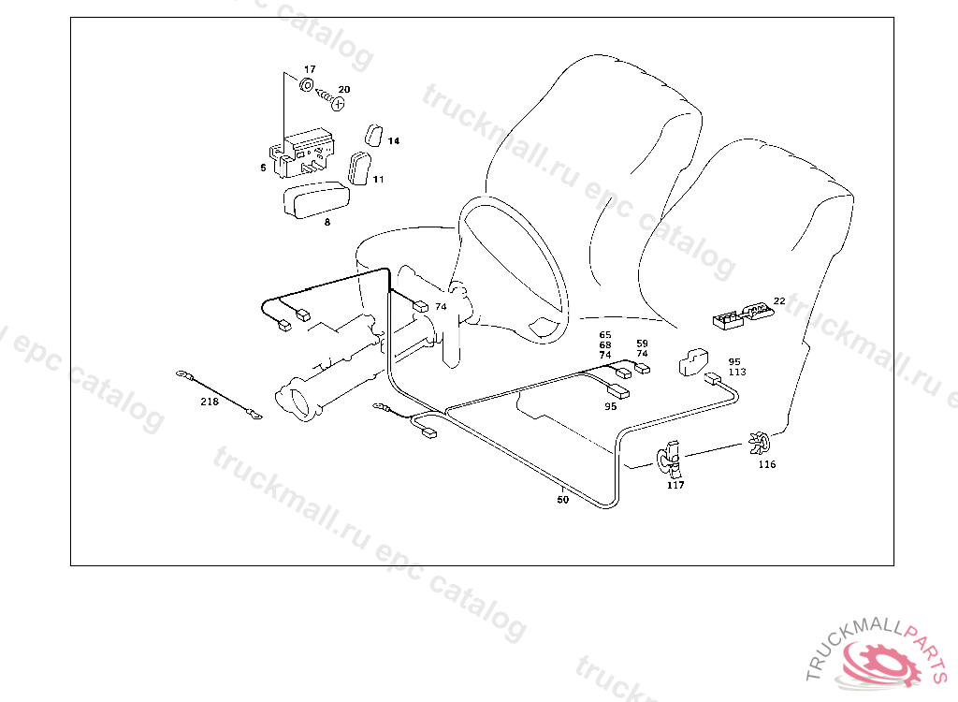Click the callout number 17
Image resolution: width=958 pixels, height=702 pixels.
[310, 70]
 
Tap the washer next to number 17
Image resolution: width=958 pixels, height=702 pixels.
[306, 85]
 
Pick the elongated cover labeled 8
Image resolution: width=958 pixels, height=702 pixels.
[315, 201]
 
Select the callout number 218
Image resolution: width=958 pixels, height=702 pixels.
[209, 402]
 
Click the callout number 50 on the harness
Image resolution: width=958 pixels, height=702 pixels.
[562, 500]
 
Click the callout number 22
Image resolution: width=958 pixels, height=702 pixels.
[779, 300]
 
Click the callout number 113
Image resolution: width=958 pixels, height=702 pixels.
[737, 373]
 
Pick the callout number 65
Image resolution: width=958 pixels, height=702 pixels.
[605, 335]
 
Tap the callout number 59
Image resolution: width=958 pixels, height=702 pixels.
[642, 344]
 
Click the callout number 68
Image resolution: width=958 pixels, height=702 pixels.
[605, 345]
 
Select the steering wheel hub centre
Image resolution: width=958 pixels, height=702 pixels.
[543, 324]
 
